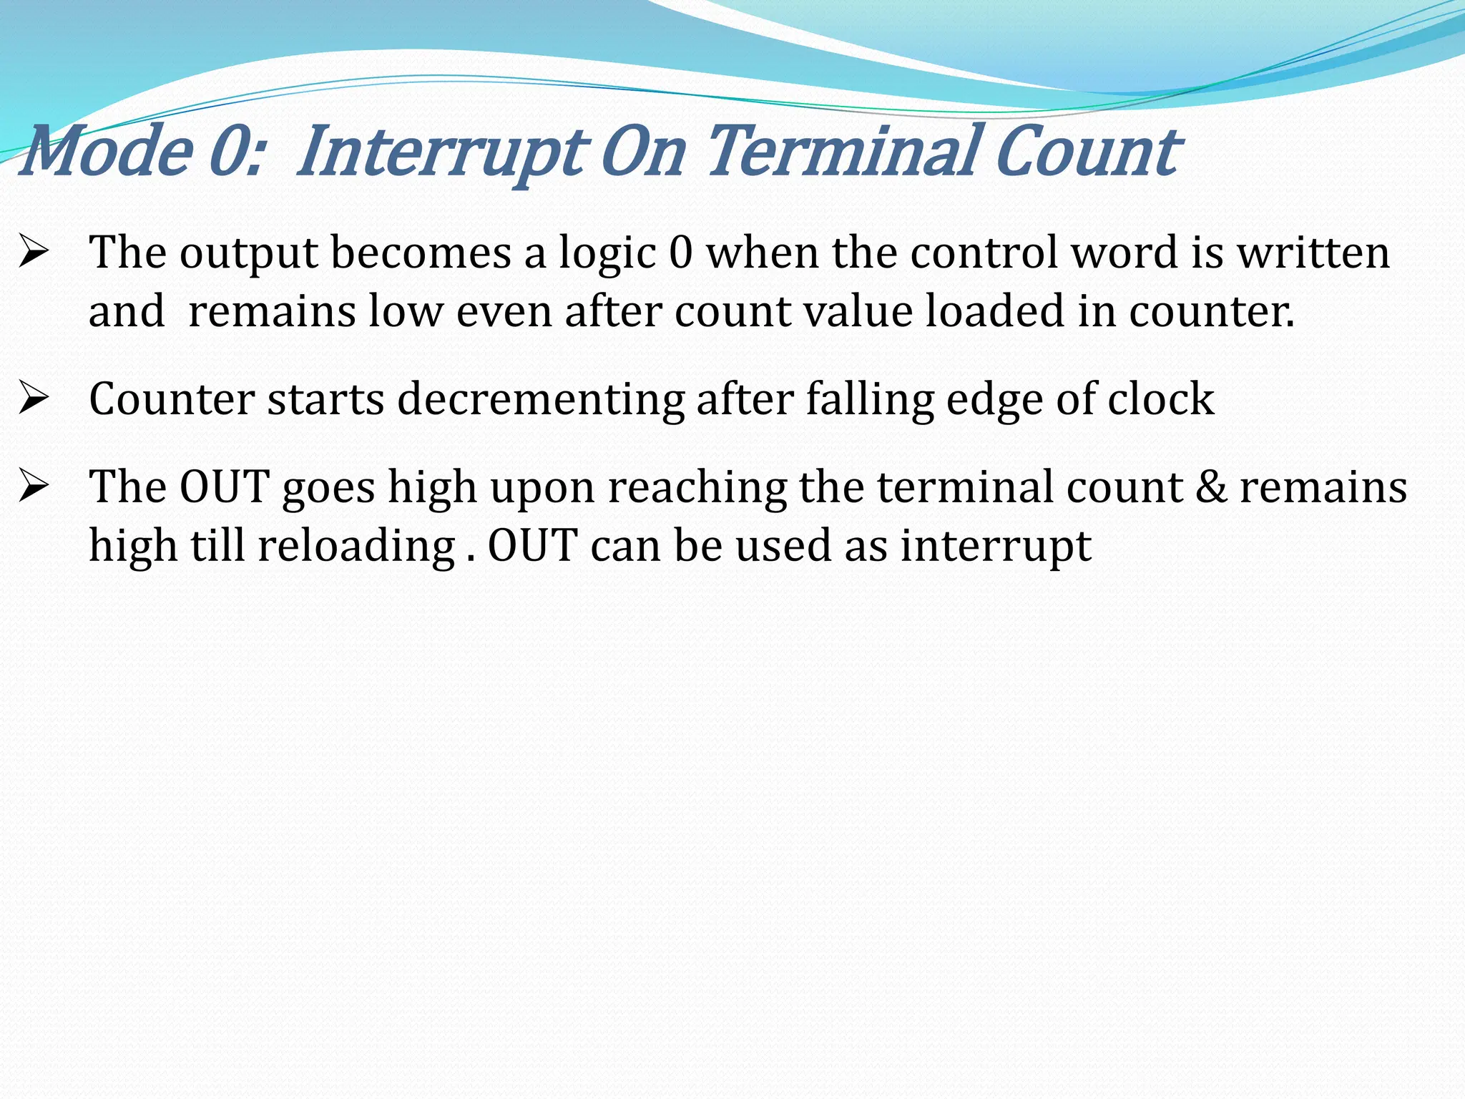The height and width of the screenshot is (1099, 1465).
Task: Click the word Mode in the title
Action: (x=107, y=151)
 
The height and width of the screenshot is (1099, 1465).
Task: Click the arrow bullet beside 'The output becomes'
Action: (x=34, y=252)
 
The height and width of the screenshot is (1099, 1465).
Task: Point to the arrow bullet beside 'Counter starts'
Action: (x=34, y=399)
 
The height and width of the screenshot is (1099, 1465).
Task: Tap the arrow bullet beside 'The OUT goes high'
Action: (x=34, y=487)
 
